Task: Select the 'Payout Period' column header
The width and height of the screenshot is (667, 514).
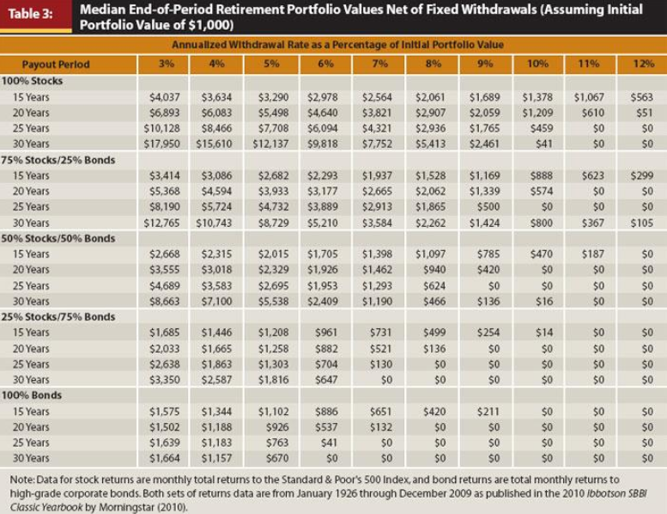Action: pyautogui.click(x=56, y=64)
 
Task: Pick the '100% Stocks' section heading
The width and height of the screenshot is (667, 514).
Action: pyautogui.click(x=38, y=81)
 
